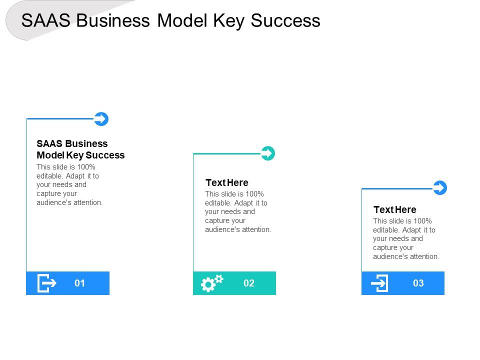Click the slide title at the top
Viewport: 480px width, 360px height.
click(x=171, y=20)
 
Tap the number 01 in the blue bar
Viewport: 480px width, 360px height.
click(x=79, y=283)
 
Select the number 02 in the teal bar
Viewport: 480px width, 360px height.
click(x=249, y=283)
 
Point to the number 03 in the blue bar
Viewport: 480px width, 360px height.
click(x=418, y=283)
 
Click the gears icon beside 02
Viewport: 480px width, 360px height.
click(x=211, y=283)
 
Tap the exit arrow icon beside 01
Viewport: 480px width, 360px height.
click(x=46, y=283)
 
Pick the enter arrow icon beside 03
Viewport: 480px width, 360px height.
click(x=380, y=283)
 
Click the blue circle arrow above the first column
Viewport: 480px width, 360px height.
click(x=101, y=119)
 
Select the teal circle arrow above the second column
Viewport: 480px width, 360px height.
click(x=268, y=153)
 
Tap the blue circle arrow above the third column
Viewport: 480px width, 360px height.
click(x=439, y=188)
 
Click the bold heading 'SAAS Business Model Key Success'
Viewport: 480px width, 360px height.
click(x=80, y=149)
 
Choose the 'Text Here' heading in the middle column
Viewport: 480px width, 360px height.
click(x=227, y=182)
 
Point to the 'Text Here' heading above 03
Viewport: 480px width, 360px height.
click(x=394, y=209)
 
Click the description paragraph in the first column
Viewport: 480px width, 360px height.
click(x=69, y=184)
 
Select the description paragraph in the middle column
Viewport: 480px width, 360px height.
click(x=238, y=211)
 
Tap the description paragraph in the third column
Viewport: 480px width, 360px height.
click(x=406, y=238)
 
